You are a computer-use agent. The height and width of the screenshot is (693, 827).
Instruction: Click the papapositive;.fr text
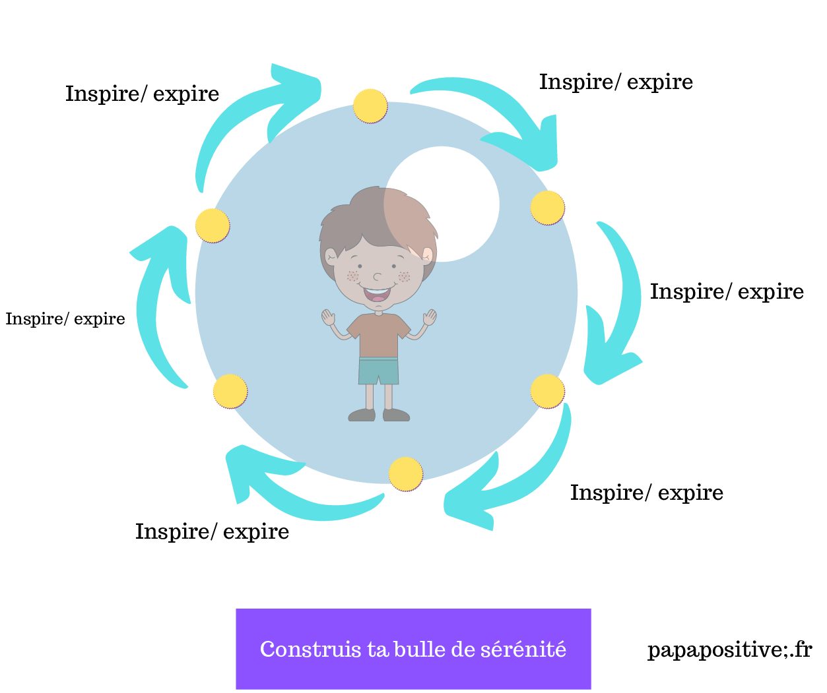click(729, 650)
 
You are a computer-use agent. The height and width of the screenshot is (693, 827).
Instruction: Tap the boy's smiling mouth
click(377, 293)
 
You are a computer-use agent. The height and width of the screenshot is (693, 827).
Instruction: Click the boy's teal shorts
click(378, 371)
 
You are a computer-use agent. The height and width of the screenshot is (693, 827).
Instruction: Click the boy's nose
click(377, 276)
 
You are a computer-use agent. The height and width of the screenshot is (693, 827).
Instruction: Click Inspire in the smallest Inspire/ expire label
click(33, 319)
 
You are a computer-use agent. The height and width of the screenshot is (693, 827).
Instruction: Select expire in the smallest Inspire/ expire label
click(99, 319)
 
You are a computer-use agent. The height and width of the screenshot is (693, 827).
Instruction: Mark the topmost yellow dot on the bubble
click(370, 105)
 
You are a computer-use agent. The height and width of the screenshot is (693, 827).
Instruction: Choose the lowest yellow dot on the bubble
click(405, 473)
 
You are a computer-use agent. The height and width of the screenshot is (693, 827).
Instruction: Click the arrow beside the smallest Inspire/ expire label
click(158, 310)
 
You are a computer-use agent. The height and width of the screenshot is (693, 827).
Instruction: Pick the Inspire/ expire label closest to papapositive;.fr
click(646, 493)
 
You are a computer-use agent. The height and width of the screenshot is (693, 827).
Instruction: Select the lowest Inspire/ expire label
click(212, 531)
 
